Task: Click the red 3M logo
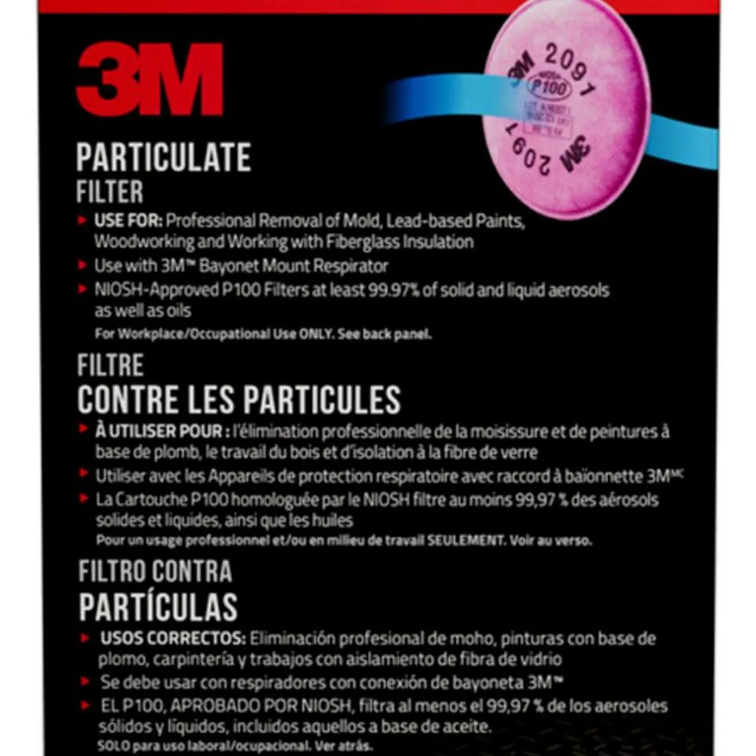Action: [x=149, y=79]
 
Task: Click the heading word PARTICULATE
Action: [x=164, y=157]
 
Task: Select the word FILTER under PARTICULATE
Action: [x=110, y=192]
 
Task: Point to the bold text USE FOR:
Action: [x=129, y=221]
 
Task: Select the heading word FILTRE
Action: [x=110, y=365]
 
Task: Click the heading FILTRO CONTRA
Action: [x=155, y=571]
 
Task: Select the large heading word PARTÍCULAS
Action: [x=158, y=606]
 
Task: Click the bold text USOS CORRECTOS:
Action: [x=173, y=639]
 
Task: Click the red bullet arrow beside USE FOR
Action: [x=82, y=220]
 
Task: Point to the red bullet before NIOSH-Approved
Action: [x=82, y=290]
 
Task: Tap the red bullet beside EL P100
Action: [x=87, y=705]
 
